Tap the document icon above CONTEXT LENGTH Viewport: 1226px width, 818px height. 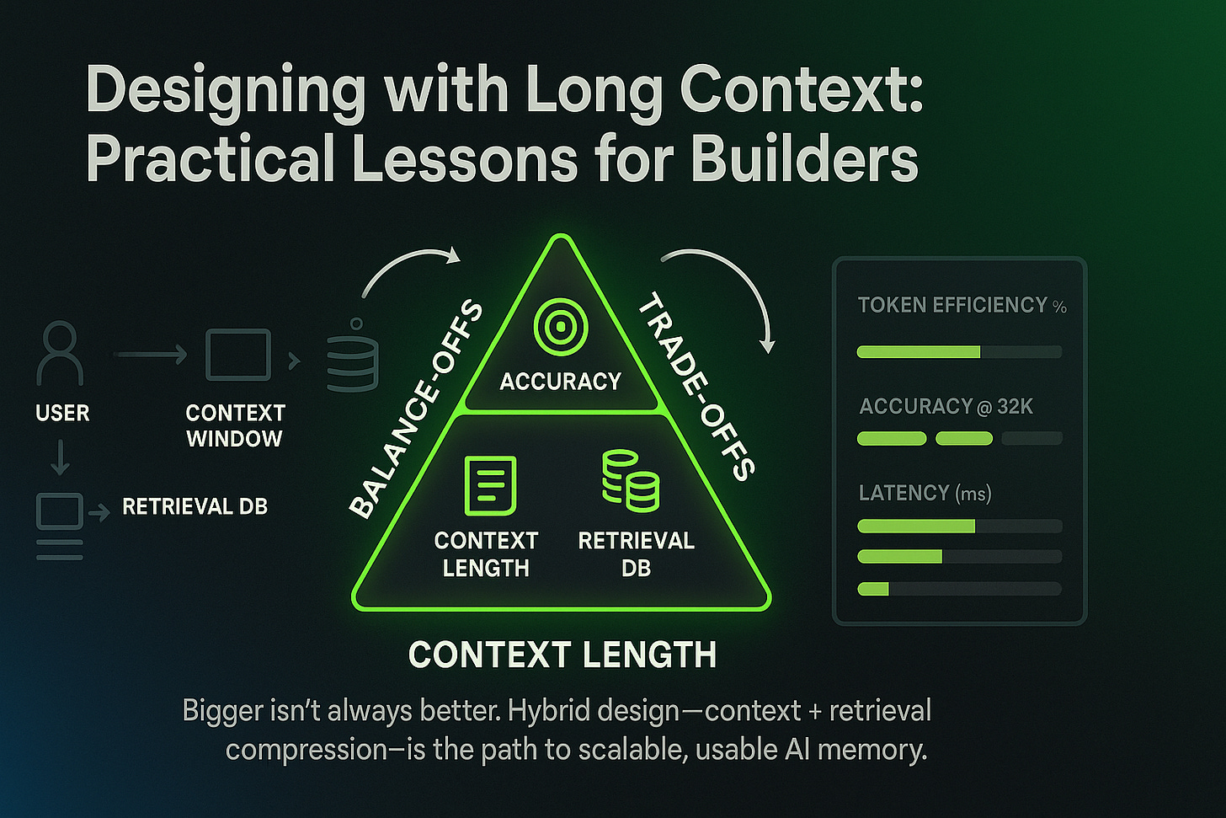[x=490, y=485]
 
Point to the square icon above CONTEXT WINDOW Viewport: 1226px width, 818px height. [x=238, y=356]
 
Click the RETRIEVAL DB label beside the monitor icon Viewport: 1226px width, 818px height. [x=195, y=506]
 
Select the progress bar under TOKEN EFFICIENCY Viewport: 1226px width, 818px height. [x=959, y=352]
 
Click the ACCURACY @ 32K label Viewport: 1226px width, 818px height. [x=946, y=407]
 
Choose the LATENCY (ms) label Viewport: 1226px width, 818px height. [x=925, y=493]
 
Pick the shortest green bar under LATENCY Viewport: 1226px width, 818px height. [x=873, y=589]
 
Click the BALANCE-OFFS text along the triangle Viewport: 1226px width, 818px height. [x=416, y=410]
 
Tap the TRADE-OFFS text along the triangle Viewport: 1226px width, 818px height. [x=696, y=387]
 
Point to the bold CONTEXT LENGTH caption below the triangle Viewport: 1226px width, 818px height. [x=562, y=655]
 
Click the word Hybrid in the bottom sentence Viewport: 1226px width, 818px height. [x=554, y=711]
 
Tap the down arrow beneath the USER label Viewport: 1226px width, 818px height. [x=60, y=457]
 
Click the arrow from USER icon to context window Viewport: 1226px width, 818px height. [x=150, y=356]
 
